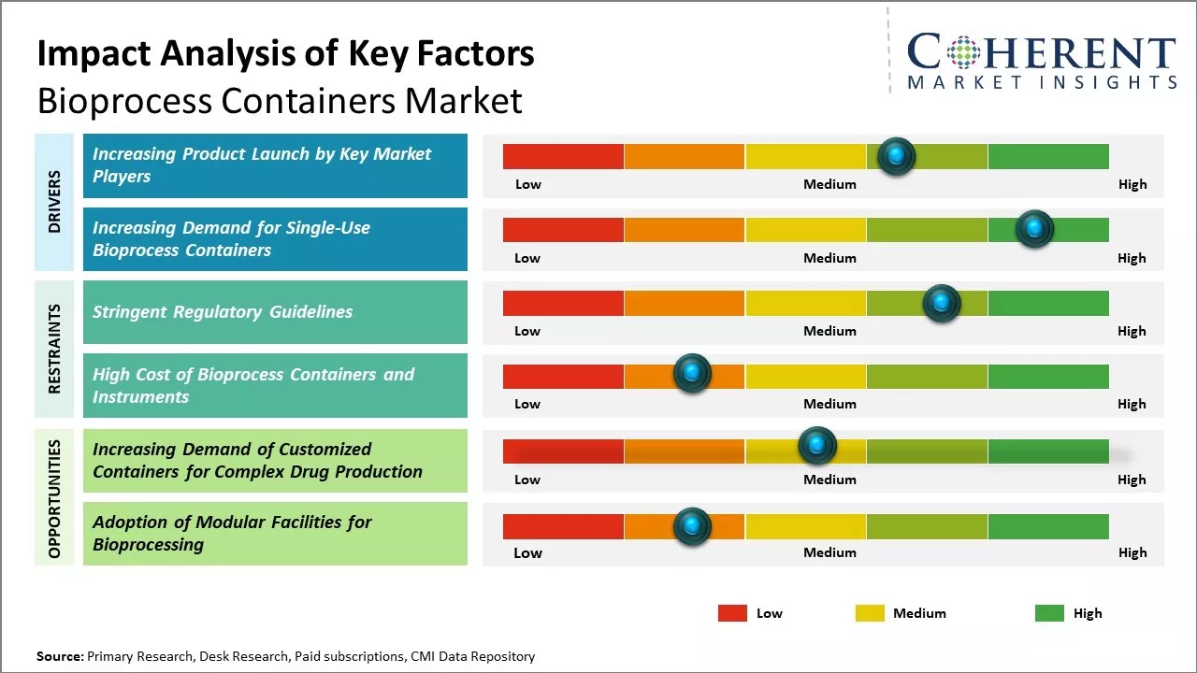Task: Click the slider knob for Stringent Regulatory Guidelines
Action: pos(941,303)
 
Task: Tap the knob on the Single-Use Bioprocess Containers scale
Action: pos(1034,229)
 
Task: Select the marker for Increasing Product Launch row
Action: pos(896,156)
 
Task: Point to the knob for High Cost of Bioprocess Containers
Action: pos(692,374)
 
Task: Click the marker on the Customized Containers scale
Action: pos(816,446)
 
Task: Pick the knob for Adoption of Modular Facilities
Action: pos(692,526)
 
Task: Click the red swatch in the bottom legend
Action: pos(732,613)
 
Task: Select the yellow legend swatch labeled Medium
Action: pos(870,613)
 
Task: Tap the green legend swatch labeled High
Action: pos(1049,613)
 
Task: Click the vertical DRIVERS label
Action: pos(54,201)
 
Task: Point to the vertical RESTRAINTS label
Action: pos(54,348)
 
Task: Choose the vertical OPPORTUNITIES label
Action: pos(54,499)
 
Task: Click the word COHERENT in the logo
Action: pos(1042,53)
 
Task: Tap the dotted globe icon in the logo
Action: pos(962,53)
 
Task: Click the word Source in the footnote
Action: pos(59,656)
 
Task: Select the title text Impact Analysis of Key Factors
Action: pos(285,53)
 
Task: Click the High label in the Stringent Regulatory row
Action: pos(1132,331)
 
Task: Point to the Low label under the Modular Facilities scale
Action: pos(527,552)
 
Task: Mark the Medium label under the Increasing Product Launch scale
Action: pos(829,184)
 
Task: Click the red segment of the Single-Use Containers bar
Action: pos(563,229)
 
